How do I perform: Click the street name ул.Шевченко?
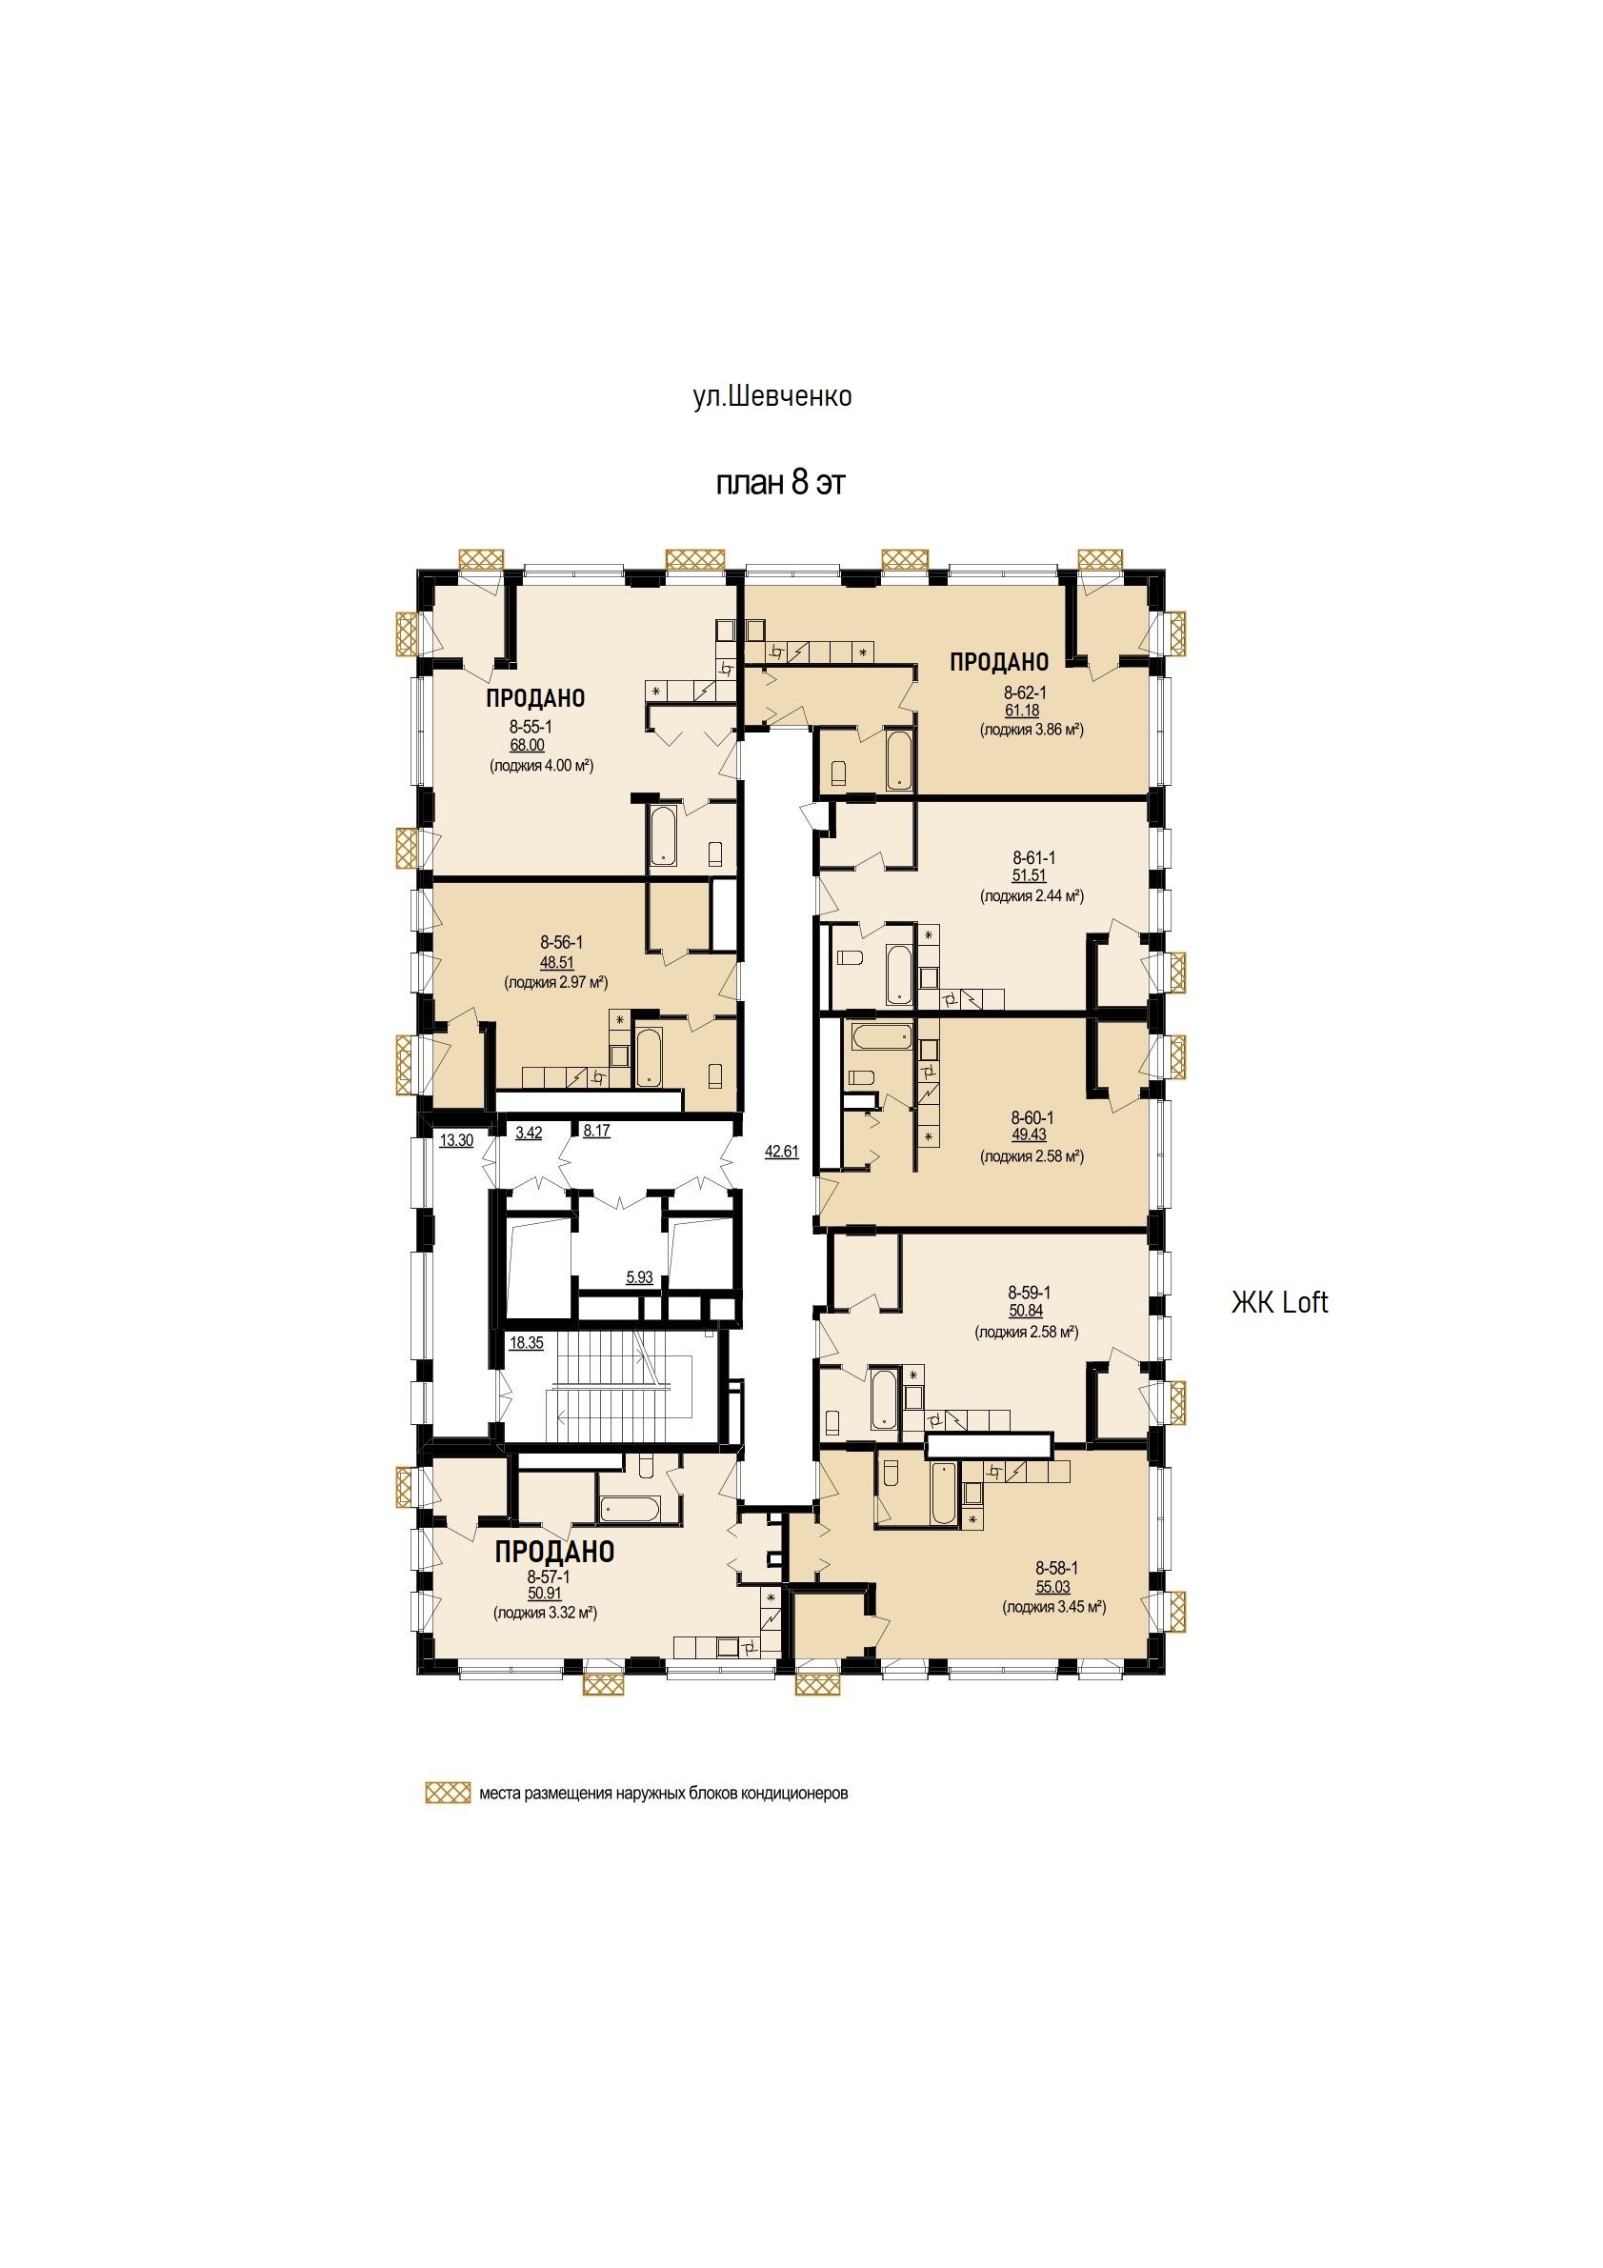tap(772, 397)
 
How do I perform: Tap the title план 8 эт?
tap(780, 483)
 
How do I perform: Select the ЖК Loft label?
tap(1279, 1303)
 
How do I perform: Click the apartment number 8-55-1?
tap(531, 728)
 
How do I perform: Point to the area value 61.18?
tap(1022, 711)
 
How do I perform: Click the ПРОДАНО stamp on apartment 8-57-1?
tap(555, 1551)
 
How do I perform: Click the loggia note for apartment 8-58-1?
tap(1053, 1607)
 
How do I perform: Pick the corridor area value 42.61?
tap(781, 1151)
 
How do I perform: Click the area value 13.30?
tap(456, 1140)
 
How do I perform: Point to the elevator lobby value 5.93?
tap(639, 1277)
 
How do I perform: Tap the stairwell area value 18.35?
tap(527, 1342)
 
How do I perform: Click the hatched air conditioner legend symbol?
tap(448, 1793)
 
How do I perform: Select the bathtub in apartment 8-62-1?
tap(900, 758)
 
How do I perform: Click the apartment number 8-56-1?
tap(561, 943)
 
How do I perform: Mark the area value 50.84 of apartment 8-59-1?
tap(1025, 1311)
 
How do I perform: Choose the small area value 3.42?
tap(529, 1132)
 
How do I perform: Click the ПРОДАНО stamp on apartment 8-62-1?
tap(998, 662)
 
